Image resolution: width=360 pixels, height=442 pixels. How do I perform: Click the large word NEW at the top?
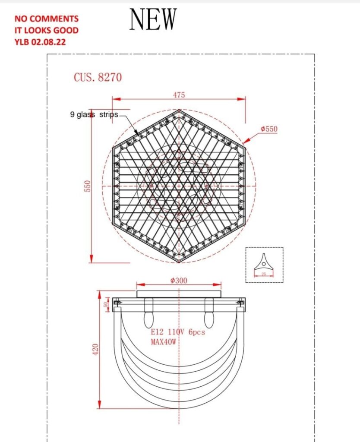(x=153, y=19)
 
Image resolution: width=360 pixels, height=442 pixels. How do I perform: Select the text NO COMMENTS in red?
(x=47, y=19)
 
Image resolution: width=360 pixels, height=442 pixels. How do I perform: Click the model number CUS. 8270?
(x=98, y=77)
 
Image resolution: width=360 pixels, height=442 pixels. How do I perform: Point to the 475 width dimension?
(x=179, y=95)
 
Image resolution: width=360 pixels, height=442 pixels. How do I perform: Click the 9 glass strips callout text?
(x=94, y=115)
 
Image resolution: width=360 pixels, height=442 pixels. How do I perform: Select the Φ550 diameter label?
(x=269, y=129)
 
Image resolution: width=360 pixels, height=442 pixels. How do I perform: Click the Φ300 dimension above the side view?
(x=179, y=281)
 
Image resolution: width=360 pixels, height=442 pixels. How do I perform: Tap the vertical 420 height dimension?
(x=96, y=350)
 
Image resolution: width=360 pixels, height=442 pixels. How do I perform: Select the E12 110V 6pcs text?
(x=177, y=333)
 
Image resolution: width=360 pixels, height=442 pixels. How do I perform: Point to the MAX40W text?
(x=164, y=342)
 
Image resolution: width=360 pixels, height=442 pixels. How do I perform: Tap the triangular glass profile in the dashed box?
(x=263, y=262)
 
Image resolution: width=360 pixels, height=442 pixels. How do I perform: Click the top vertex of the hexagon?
(x=179, y=110)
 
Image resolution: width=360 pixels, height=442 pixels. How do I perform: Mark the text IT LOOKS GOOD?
(x=47, y=31)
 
